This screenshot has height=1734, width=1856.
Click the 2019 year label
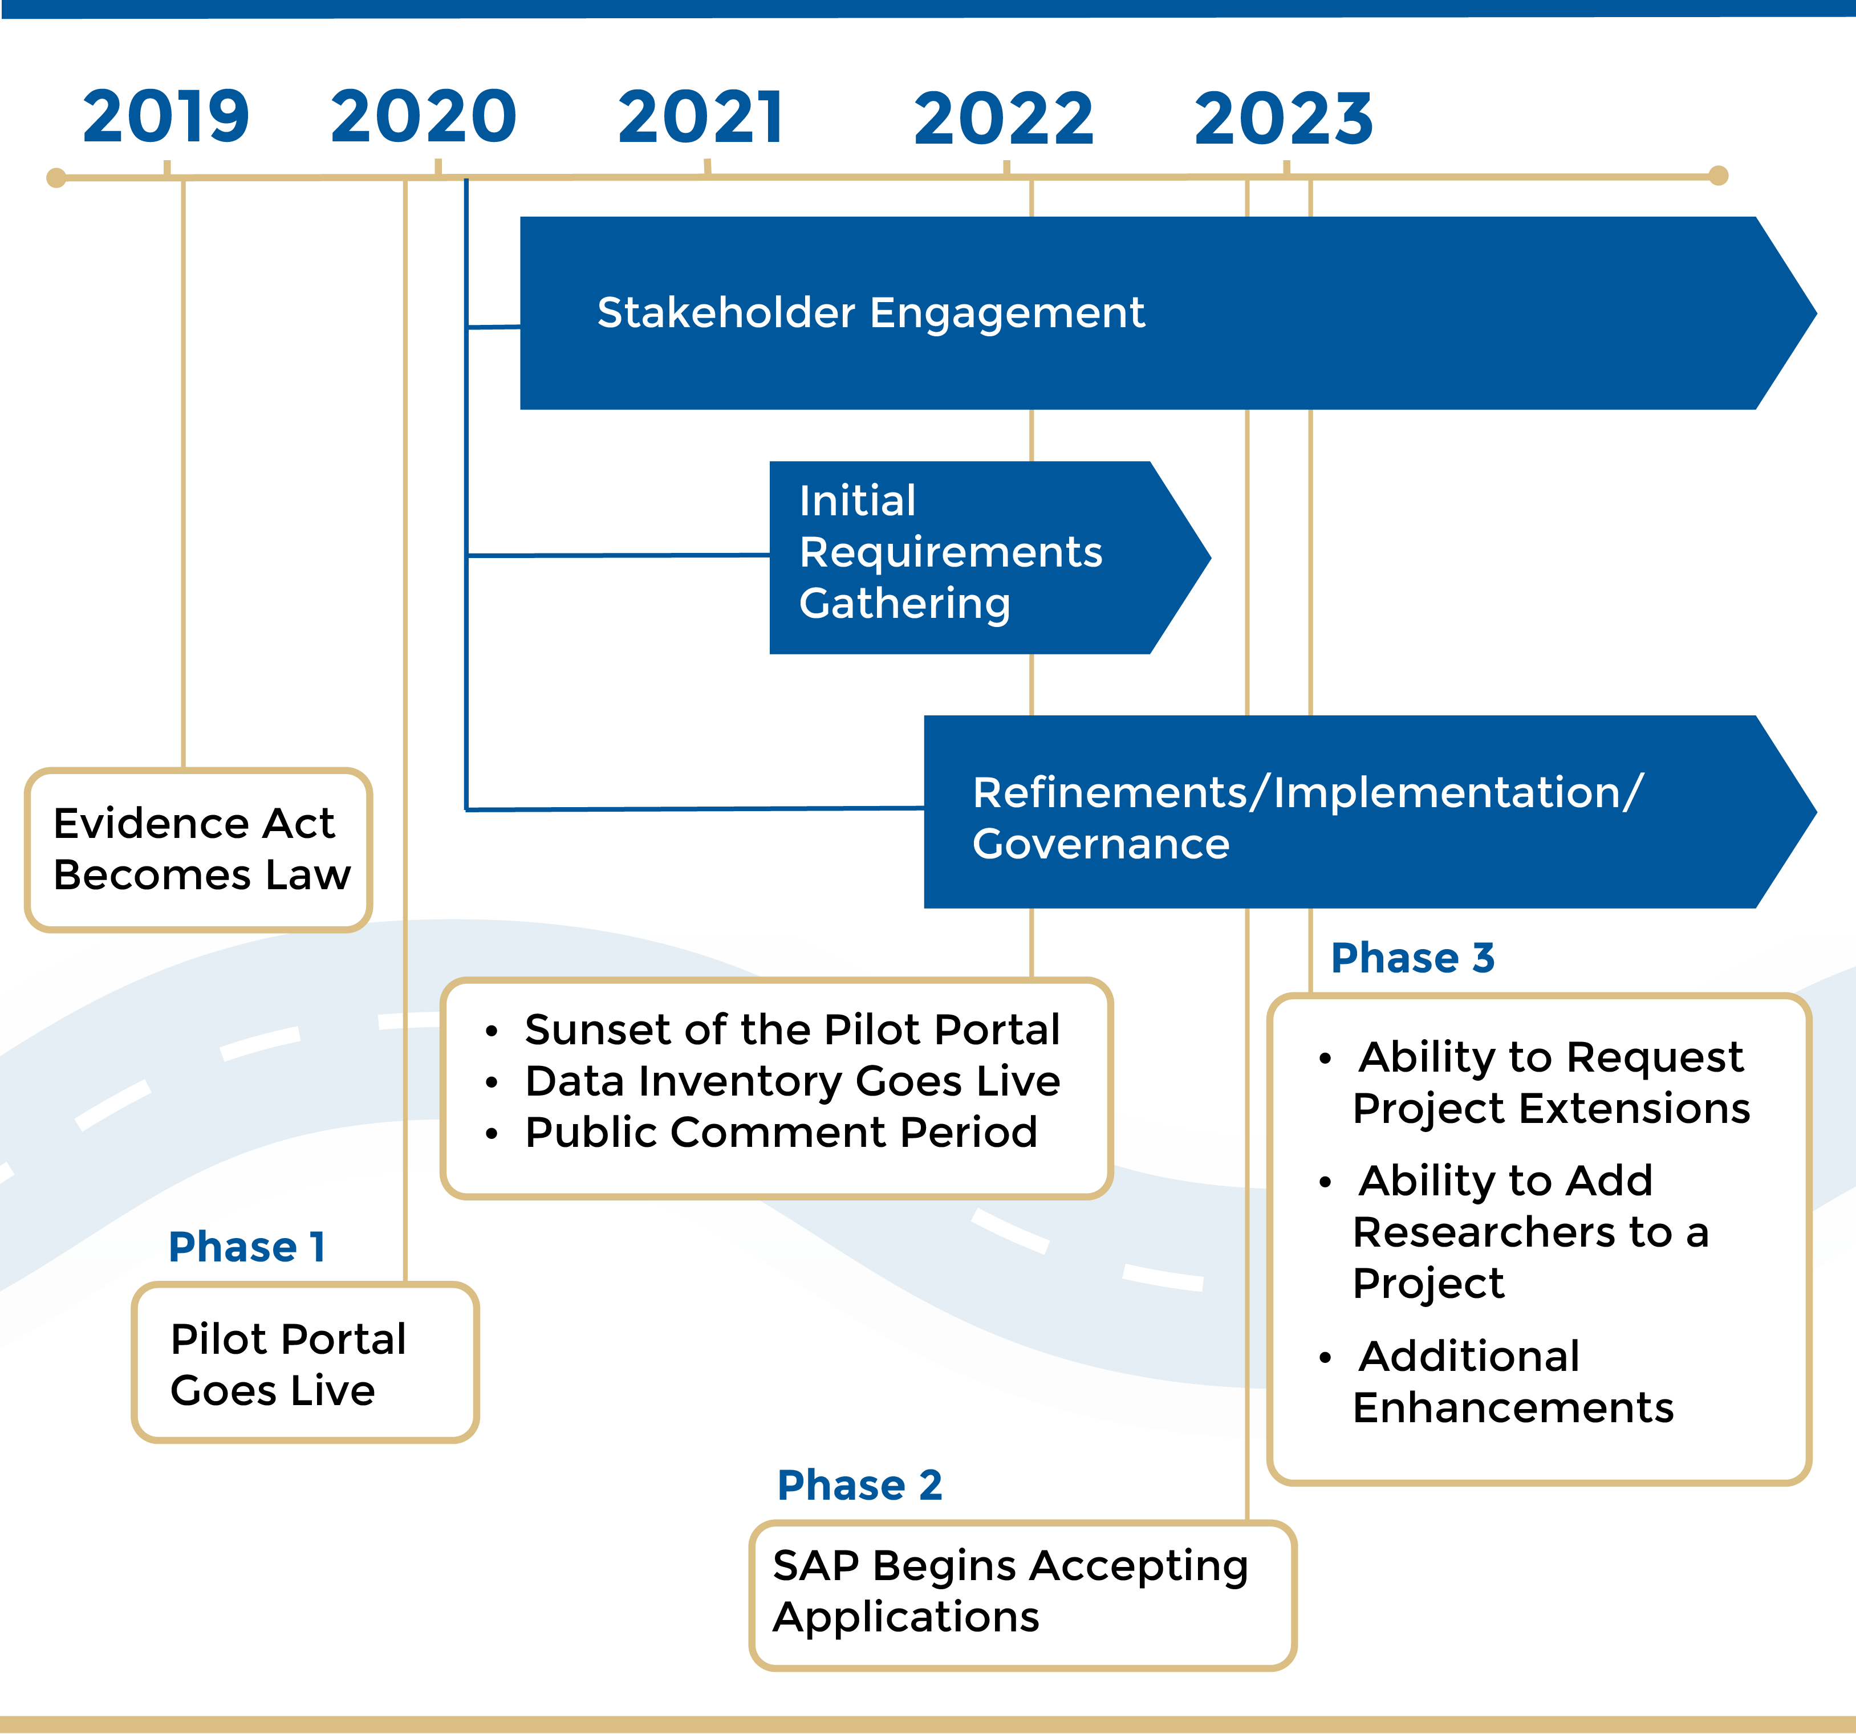166,117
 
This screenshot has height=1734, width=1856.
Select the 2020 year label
423,117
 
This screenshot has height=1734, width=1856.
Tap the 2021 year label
701,117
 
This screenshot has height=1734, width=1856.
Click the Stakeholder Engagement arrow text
870,312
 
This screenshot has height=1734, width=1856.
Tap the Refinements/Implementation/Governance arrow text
1307,817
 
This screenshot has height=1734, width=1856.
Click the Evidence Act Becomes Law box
199,849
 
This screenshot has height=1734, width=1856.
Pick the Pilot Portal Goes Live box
304,1363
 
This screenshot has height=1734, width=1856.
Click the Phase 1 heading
246,1247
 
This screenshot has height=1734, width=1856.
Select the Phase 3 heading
1412,958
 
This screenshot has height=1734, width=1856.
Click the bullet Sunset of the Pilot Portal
791,1029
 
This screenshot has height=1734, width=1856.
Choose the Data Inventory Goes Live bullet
791,1081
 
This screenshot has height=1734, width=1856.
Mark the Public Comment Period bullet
781,1132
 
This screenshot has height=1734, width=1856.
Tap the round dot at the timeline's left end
56,177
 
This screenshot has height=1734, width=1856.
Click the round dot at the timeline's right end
1719,176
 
